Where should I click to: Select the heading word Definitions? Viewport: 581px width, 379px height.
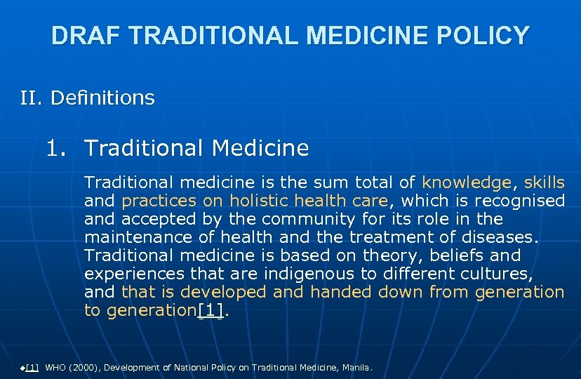click(x=103, y=98)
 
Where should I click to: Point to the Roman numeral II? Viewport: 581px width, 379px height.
click(x=31, y=98)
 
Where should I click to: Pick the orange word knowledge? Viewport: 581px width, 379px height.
click(x=467, y=183)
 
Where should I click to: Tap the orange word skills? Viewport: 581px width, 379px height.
click(x=544, y=183)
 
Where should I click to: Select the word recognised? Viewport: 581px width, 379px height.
click(x=519, y=201)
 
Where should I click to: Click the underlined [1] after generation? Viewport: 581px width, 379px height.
click(x=211, y=311)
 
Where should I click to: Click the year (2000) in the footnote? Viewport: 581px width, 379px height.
click(x=87, y=368)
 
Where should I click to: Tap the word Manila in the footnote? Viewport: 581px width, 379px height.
click(x=356, y=368)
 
